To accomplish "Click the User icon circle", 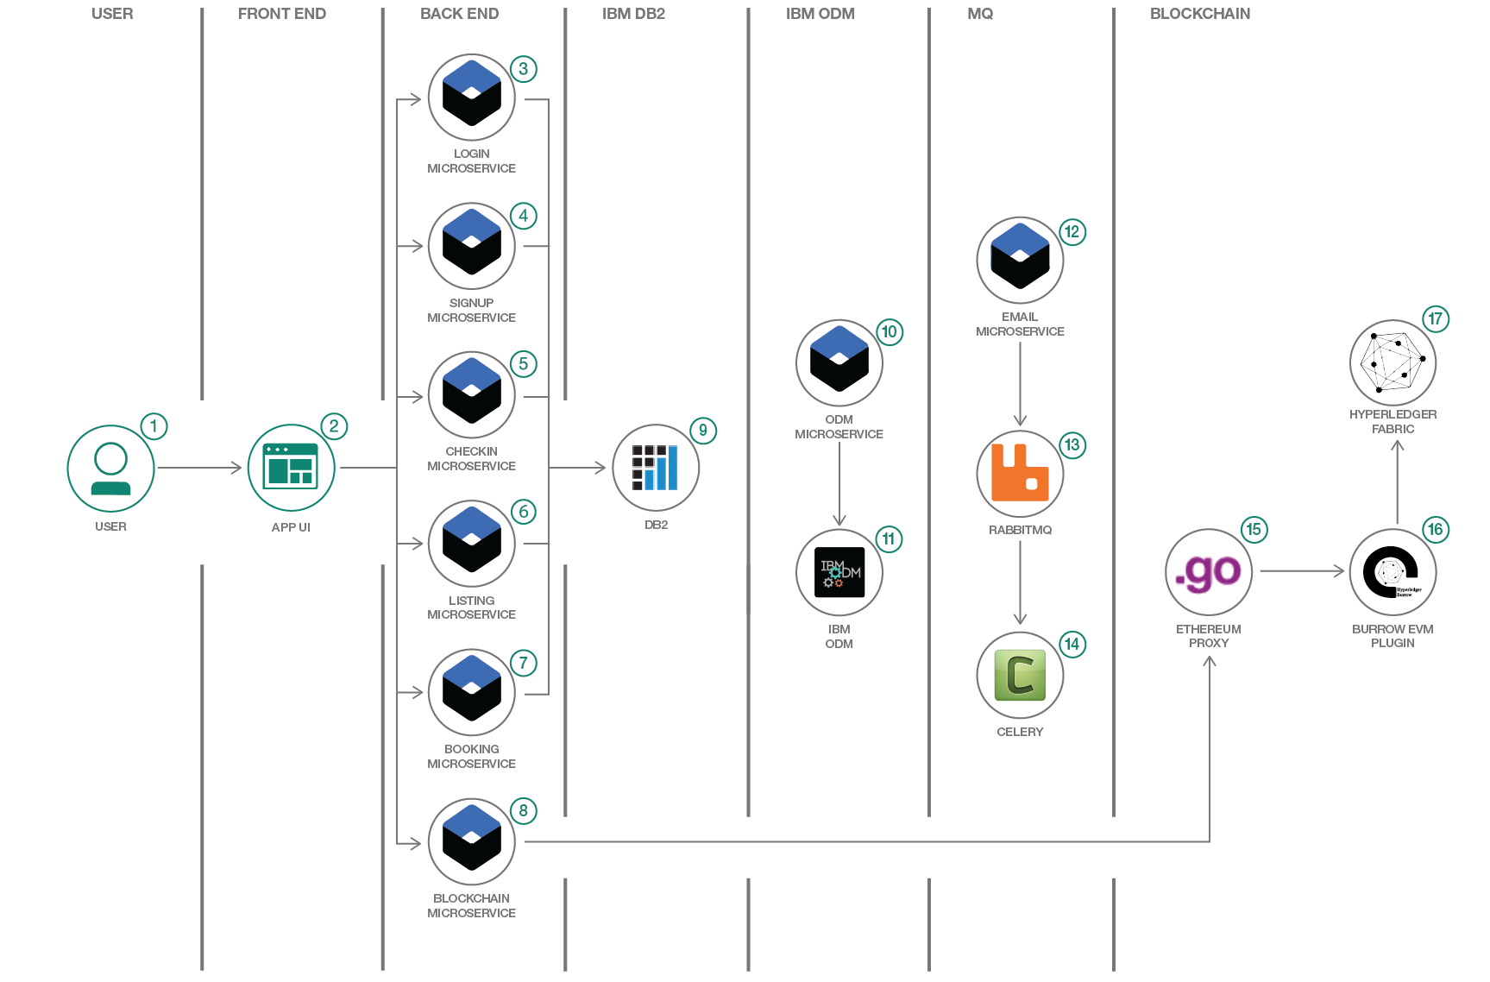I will [x=110, y=469].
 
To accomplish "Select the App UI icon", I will [x=291, y=468].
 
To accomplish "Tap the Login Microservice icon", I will [x=471, y=97].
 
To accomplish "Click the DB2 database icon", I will [x=656, y=468].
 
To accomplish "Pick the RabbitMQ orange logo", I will [x=1020, y=473].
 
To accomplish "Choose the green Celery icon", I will [x=1020, y=675].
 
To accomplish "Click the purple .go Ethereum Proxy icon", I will [x=1209, y=571].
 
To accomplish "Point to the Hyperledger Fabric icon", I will [x=1393, y=362].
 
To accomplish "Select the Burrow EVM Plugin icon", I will [x=1393, y=571].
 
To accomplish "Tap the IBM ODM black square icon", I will [x=839, y=572].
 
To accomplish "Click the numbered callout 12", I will [x=1072, y=231].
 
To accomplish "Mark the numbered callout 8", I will [x=523, y=810].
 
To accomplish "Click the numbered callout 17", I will [x=1435, y=318].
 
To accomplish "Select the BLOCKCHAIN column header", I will [x=1199, y=14].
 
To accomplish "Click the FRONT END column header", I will [x=282, y=14].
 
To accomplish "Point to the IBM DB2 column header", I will [x=633, y=14].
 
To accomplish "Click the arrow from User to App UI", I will [x=199, y=468].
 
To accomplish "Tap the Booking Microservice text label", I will [x=471, y=756].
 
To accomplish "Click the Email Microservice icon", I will [x=1020, y=260].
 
